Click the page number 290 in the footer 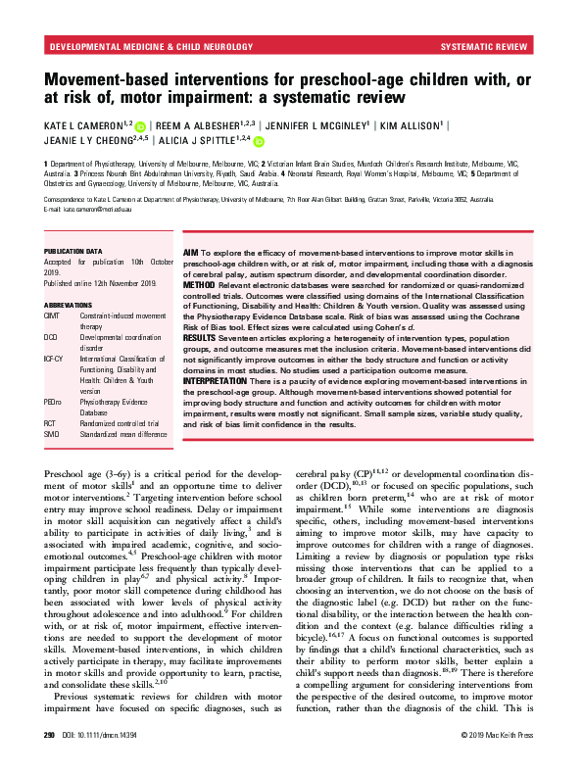[x=49, y=760]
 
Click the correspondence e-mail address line [x=95, y=211]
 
